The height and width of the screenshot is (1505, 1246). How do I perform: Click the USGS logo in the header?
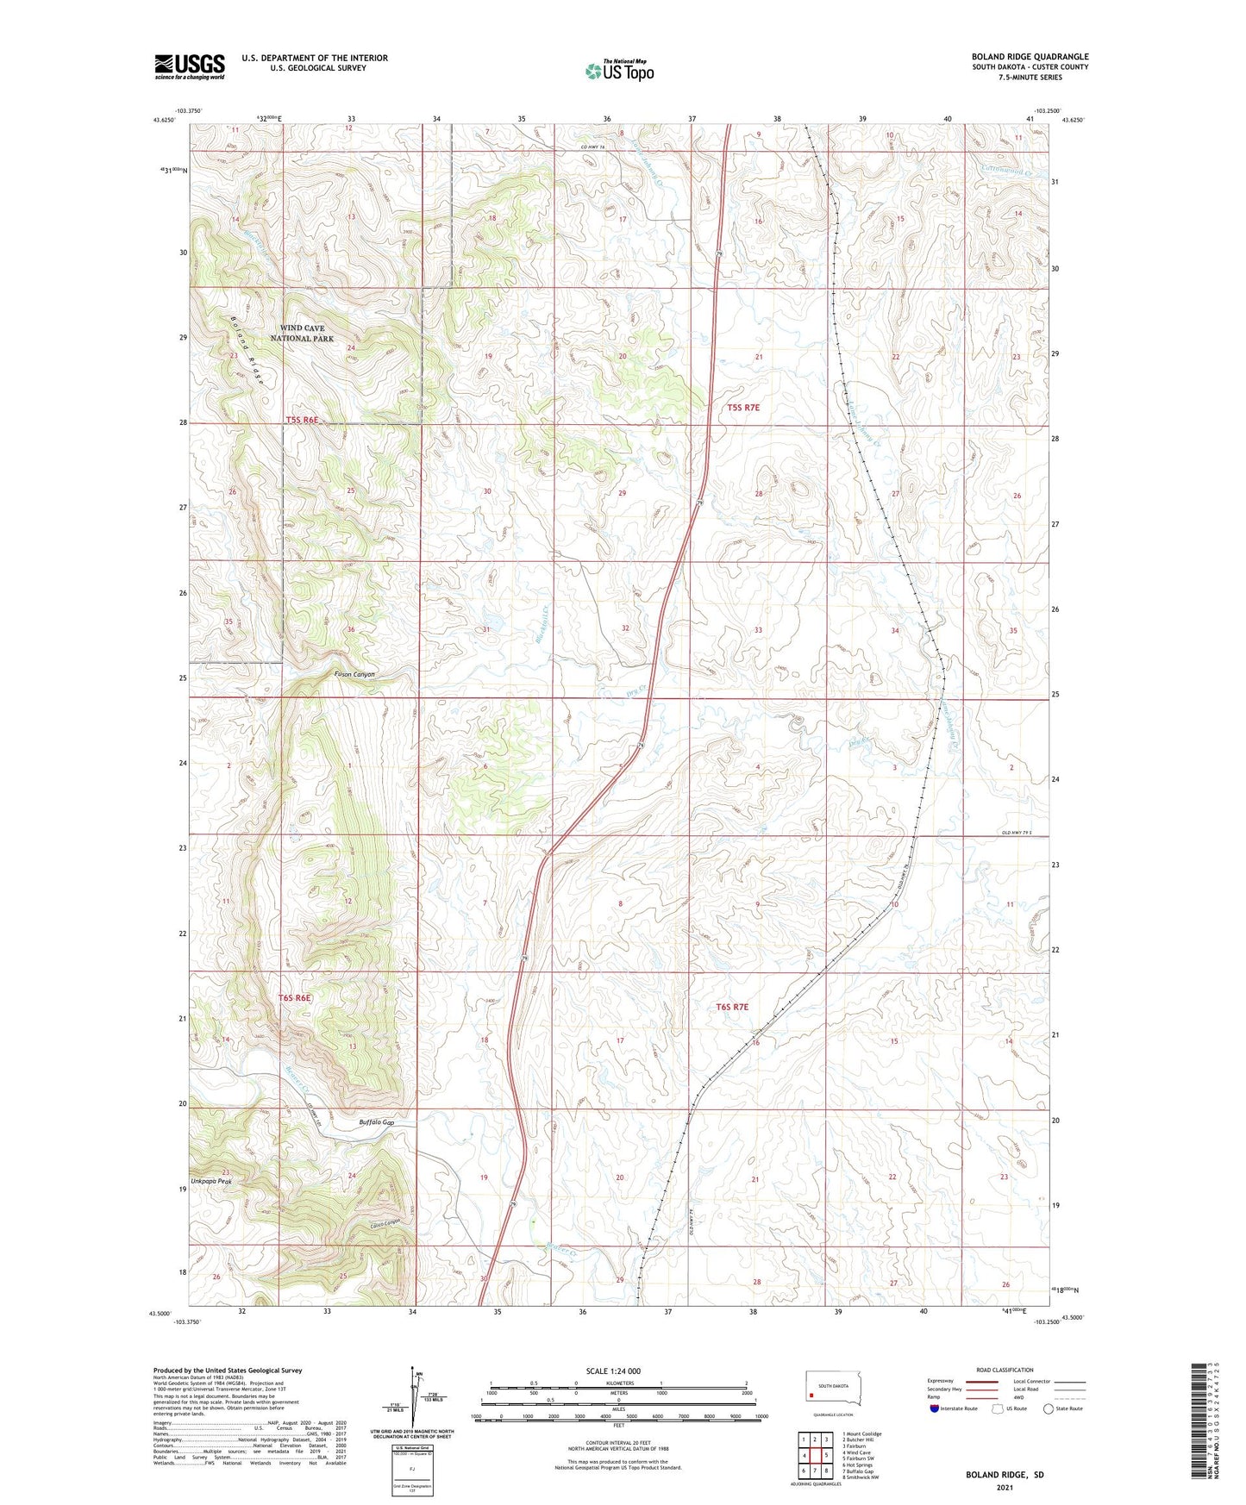(x=190, y=66)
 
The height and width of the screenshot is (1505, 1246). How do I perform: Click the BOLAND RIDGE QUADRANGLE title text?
(x=1030, y=57)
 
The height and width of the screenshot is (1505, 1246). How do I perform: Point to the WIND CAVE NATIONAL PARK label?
(x=302, y=334)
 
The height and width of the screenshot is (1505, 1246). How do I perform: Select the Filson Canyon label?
(x=354, y=674)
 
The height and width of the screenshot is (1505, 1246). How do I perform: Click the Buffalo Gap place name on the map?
(x=376, y=1122)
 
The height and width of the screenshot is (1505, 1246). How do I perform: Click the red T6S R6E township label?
(x=294, y=997)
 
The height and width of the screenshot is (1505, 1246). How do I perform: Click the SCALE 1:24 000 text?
(x=612, y=1371)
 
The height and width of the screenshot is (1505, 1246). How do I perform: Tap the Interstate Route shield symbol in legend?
(x=935, y=1408)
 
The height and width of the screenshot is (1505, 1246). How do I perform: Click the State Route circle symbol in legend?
(x=1048, y=1408)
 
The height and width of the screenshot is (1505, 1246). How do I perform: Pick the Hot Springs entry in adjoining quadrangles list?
(x=859, y=1464)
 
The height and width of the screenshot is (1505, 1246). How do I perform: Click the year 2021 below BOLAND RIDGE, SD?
(x=1005, y=1488)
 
